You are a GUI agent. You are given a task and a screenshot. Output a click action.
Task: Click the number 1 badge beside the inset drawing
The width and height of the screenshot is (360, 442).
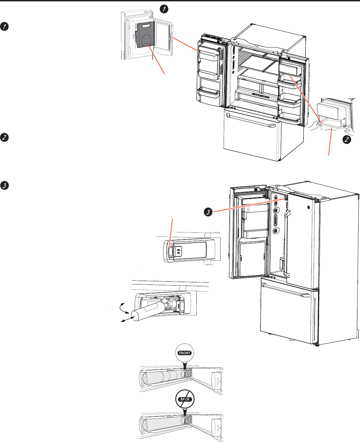tap(164, 9)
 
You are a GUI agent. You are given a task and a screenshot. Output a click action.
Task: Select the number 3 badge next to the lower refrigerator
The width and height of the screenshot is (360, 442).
tap(207, 212)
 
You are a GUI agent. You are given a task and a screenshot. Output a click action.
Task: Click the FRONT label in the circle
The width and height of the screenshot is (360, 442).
tap(185, 353)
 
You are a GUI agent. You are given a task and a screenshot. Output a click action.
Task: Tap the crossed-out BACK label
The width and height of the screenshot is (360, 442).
tap(185, 399)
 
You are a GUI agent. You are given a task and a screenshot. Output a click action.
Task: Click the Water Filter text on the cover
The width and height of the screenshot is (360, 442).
tap(178, 252)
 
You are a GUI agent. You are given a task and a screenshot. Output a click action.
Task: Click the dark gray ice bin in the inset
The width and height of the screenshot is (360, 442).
tap(145, 35)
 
